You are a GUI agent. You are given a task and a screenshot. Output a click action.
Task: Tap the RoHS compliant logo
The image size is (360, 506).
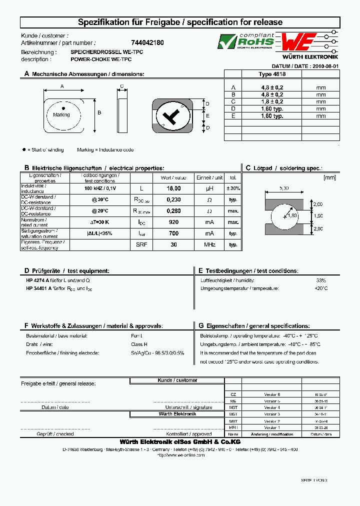[x=245, y=41]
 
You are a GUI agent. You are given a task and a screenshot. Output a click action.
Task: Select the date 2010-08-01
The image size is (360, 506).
[x=325, y=66]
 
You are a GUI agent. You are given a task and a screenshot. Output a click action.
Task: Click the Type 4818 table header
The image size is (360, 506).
[x=272, y=73]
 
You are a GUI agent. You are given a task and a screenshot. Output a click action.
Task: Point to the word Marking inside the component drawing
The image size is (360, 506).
[x=61, y=115]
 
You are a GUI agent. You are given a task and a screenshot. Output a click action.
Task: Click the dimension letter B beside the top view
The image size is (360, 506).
[x=99, y=112]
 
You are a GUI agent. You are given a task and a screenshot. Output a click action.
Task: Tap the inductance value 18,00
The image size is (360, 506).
[x=173, y=188]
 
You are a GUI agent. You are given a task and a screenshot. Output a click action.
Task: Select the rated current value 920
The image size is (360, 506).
[x=173, y=222]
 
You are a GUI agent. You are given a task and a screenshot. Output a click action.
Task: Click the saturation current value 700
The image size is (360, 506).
[x=173, y=233]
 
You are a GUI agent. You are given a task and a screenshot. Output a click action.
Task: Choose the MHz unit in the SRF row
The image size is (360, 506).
[x=209, y=245]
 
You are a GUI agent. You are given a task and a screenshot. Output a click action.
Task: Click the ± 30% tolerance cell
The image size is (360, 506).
[x=233, y=188]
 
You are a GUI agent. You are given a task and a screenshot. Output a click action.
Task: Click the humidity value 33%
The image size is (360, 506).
[x=320, y=280]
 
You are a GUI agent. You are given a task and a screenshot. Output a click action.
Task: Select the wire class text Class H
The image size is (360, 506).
[x=139, y=344]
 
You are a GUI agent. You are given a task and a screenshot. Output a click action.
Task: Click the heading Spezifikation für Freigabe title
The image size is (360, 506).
[x=180, y=22]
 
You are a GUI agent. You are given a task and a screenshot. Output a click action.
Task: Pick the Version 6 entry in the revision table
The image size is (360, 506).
[x=272, y=394]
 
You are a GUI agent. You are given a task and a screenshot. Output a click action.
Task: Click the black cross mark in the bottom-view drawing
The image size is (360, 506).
[x=172, y=117]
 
